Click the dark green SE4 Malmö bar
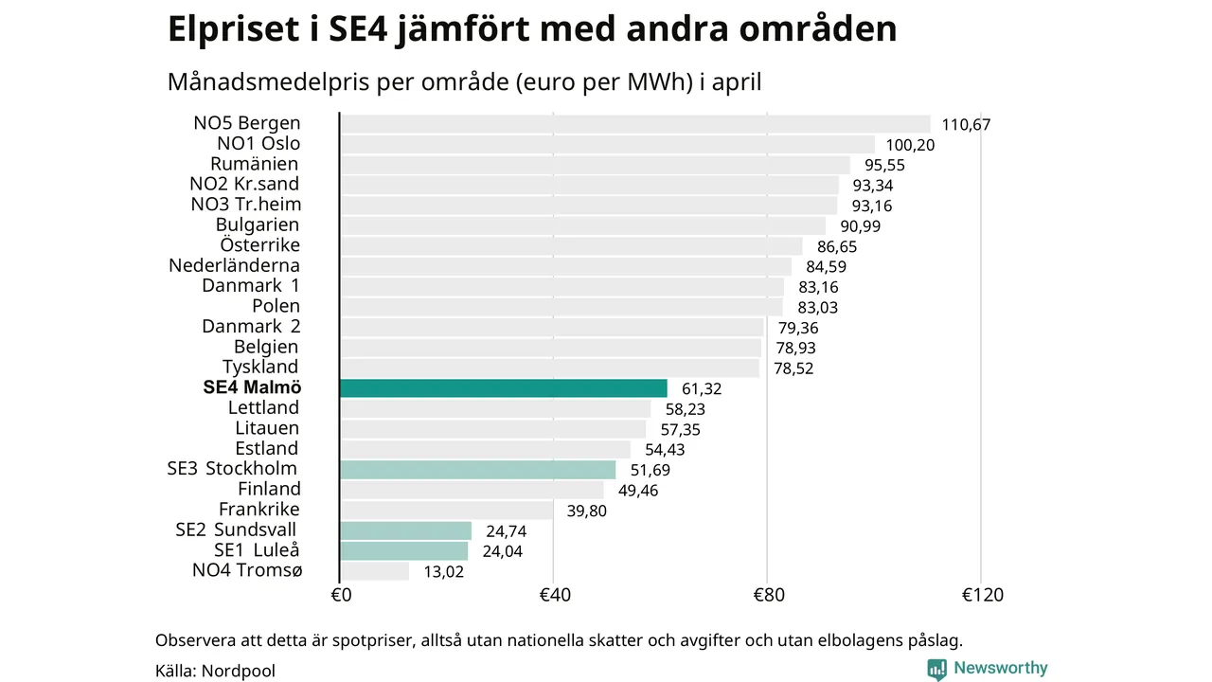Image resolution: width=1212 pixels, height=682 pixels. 504,388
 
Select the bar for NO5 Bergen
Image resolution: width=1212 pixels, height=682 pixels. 635,124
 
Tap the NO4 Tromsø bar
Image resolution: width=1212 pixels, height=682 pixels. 375,571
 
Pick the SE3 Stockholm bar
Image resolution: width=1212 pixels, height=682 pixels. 478,470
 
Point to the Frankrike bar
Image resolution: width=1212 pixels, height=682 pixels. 446,511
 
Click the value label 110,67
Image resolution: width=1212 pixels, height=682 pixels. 966,125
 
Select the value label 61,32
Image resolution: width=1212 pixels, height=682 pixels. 702,389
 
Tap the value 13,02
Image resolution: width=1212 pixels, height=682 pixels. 444,572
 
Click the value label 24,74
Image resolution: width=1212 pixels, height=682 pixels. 506,531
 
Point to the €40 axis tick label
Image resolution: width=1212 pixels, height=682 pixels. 555,596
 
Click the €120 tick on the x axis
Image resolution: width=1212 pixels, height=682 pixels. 983,596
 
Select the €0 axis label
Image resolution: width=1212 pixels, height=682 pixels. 341,596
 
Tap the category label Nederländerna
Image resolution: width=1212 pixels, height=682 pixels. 234,266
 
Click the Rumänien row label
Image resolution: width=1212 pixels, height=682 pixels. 255,164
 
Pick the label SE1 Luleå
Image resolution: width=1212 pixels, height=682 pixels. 257,550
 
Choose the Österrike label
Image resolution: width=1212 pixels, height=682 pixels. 259,245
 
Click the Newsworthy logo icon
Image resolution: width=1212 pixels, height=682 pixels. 936,670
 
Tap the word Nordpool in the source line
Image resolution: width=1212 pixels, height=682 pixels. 238,672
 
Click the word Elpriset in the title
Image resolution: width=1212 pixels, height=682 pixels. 233,29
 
